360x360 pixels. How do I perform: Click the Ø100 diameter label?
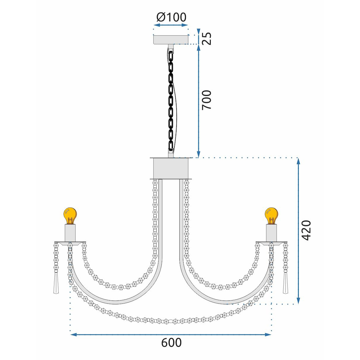pos(171,17)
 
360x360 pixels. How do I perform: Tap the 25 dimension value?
pos(207,39)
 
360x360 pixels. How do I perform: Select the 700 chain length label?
pos(207,100)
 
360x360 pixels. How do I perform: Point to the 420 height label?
pos(306,230)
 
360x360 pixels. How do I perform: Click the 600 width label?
pos(171,343)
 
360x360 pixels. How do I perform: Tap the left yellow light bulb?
pos(70,216)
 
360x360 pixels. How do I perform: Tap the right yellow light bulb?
pos(271,216)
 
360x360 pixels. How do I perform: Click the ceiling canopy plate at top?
pos(171,39)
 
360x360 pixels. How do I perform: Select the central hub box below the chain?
pos(171,168)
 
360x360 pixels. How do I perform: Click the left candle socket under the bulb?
pos(70,233)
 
